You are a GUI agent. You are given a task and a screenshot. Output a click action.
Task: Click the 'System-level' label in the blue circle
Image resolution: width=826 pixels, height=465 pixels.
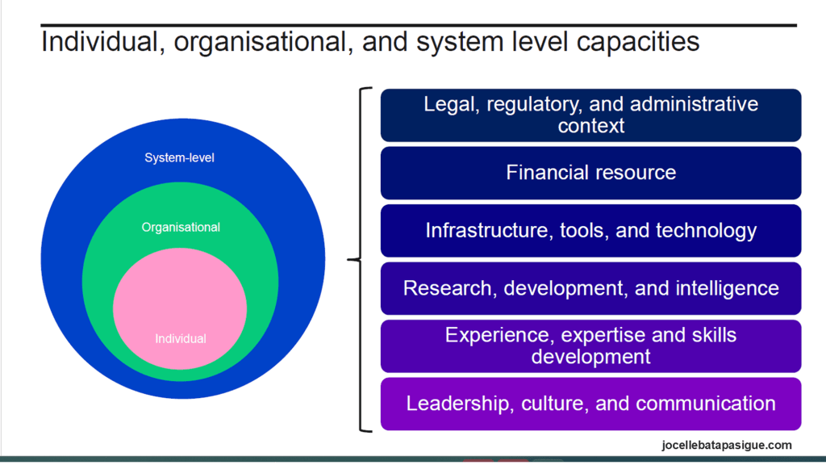click(x=180, y=157)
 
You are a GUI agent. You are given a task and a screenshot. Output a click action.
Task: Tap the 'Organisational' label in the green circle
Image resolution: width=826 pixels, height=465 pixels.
click(x=181, y=227)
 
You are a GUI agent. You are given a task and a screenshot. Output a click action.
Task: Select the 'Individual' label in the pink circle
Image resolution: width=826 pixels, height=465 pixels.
click(x=180, y=338)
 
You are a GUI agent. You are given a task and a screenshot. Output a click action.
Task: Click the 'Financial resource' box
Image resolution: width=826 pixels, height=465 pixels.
click(x=590, y=173)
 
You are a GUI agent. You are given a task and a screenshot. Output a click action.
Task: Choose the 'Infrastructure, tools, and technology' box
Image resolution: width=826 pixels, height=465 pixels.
click(x=590, y=231)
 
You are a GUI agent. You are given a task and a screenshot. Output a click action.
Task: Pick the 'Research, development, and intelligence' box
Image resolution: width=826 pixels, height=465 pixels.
click(x=590, y=288)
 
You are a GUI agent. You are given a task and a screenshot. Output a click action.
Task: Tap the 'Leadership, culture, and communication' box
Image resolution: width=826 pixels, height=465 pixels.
click(x=590, y=404)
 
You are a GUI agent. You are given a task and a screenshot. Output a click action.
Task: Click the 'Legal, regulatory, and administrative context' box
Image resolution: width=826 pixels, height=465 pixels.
click(x=590, y=115)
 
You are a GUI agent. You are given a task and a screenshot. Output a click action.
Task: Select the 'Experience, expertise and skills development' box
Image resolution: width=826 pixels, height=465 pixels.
click(x=590, y=346)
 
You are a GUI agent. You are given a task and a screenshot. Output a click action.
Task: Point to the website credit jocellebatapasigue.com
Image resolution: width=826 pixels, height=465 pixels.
click(x=727, y=445)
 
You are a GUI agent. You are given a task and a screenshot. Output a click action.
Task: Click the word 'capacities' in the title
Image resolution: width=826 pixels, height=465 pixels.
click(x=638, y=42)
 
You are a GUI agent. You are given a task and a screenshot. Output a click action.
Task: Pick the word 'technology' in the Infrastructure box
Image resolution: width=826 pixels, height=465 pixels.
click(x=703, y=231)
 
